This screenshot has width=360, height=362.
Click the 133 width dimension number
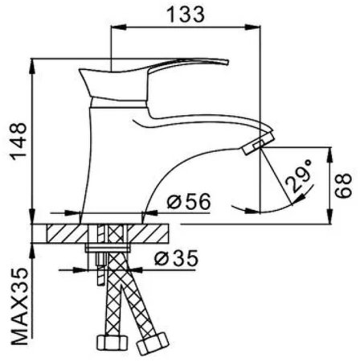click(186, 13)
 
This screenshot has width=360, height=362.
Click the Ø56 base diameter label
click(186, 203)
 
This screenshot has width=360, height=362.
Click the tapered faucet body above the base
click(112, 161)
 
